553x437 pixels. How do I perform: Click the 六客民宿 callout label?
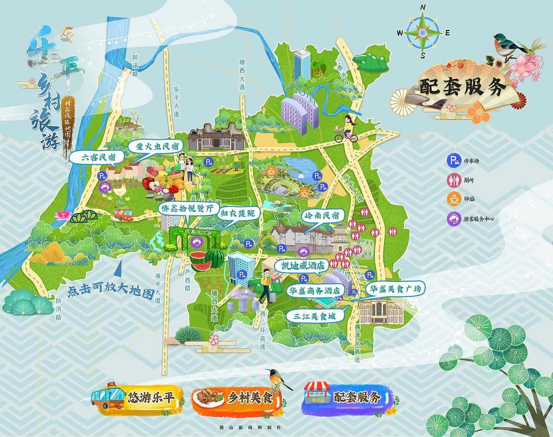[x=99, y=157]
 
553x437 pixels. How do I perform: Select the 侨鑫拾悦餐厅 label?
[x=188, y=208]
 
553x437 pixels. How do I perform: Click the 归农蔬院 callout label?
[x=238, y=213]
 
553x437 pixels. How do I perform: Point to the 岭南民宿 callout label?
[x=322, y=215]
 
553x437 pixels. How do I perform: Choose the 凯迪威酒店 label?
[x=302, y=265]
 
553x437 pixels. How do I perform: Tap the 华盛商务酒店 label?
[x=315, y=291]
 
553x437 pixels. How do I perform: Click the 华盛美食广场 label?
[x=395, y=289]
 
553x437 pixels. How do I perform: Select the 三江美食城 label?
[x=315, y=316]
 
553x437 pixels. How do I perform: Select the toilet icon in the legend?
[x=454, y=180]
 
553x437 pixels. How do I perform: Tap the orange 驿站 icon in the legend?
[x=454, y=199]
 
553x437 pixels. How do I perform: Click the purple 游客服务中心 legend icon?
[x=454, y=218]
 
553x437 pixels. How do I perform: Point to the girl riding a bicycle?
[x=347, y=129]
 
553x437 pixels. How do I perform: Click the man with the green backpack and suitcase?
[x=265, y=286]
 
